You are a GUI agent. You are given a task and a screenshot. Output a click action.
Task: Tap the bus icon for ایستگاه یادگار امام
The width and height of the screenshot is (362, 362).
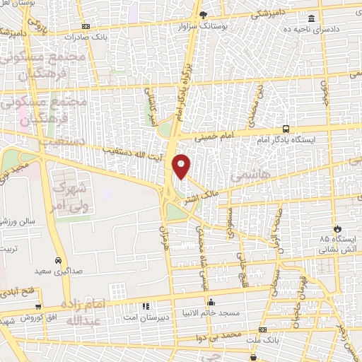pos(286,129)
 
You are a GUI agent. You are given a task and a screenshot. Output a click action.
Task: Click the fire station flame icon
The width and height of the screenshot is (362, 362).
pos(337,228)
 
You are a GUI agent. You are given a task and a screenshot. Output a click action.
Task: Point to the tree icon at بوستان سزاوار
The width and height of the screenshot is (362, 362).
pos(204,15)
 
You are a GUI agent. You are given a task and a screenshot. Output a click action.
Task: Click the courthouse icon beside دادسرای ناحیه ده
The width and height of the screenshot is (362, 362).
pos(312,20)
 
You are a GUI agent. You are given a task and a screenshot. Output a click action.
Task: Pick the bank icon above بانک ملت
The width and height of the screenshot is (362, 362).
pos(263,330)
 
